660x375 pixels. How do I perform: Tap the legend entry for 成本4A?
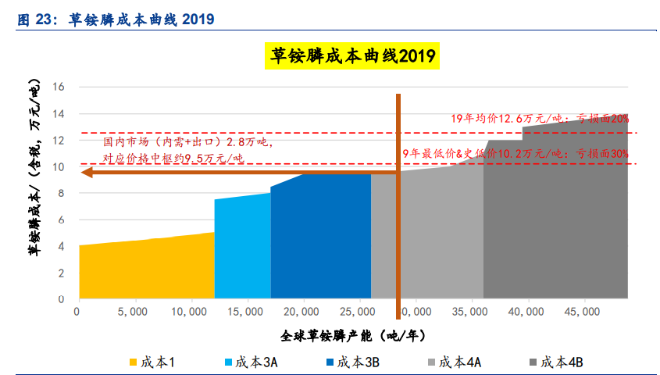pyautogui.click(x=456, y=362)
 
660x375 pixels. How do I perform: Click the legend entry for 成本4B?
pyautogui.click(x=558, y=362)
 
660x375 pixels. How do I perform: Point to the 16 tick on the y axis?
pyautogui.click(x=59, y=87)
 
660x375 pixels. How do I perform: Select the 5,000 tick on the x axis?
pyautogui.click(x=132, y=312)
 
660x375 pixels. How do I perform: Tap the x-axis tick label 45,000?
pyautogui.click(x=581, y=312)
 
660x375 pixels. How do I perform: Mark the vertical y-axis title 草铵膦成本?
pyautogui.click(x=34, y=192)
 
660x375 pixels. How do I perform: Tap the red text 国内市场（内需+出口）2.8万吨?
pyautogui.click(x=187, y=142)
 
